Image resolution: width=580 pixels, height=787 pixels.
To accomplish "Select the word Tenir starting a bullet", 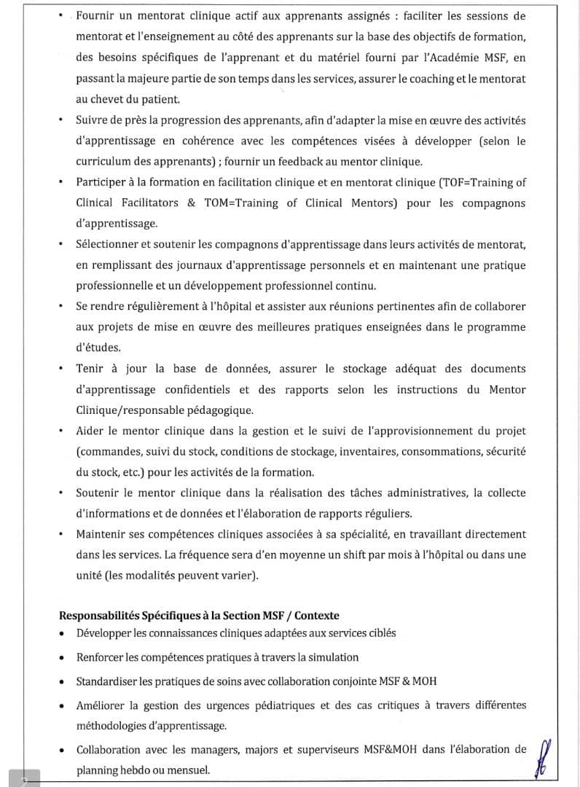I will click(x=90, y=369).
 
